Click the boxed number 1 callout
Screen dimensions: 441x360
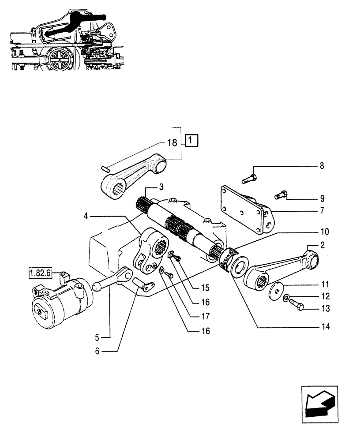tap(191, 141)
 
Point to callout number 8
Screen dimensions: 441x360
tap(322, 166)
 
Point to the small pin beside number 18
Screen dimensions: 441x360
tap(105, 168)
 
